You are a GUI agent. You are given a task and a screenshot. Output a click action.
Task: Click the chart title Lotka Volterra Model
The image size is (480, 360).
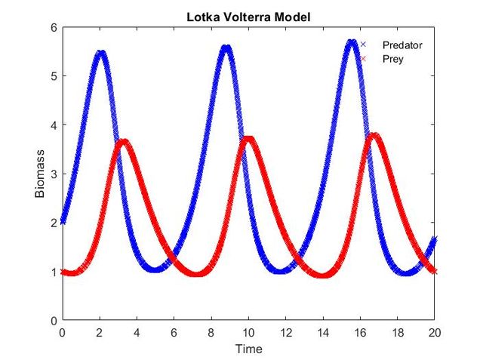click(x=248, y=17)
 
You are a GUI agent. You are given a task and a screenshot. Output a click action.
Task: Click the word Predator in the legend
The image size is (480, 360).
click(x=402, y=45)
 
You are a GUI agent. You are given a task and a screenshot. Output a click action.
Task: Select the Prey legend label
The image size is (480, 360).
click(x=393, y=59)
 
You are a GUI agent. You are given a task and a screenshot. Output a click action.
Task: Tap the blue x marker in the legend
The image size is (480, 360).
click(x=363, y=45)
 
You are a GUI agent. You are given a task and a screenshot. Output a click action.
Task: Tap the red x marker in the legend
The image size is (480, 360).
click(x=363, y=59)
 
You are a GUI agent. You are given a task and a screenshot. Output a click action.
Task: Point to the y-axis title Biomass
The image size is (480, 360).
click(x=40, y=174)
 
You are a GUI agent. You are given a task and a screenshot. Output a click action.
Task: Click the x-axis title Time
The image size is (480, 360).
click(x=248, y=349)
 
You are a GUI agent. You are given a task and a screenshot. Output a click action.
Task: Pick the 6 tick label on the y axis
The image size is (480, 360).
click(x=54, y=27)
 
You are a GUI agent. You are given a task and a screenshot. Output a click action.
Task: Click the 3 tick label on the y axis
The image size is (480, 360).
click(x=54, y=174)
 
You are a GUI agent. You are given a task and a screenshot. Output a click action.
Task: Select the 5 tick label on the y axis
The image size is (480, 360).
click(x=54, y=76)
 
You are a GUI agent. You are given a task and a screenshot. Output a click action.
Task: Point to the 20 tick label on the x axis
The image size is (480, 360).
click(x=435, y=332)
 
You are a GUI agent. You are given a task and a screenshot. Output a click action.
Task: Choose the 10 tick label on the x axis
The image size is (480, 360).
click(x=248, y=332)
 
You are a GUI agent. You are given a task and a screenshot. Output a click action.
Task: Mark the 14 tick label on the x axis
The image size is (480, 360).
click(x=323, y=332)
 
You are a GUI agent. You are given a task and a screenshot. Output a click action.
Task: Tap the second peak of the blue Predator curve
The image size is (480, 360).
click(x=226, y=48)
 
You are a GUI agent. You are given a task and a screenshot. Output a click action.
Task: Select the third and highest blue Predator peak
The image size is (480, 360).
click(x=352, y=42)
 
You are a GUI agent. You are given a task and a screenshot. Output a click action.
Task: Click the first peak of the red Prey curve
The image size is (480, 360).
click(x=123, y=141)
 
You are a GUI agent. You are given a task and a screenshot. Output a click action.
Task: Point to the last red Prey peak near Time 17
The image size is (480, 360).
click(x=374, y=135)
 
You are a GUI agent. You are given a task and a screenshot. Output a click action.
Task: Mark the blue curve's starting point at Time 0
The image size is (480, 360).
click(x=63, y=222)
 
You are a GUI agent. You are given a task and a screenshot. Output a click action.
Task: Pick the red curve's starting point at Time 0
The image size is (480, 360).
click(x=63, y=272)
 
